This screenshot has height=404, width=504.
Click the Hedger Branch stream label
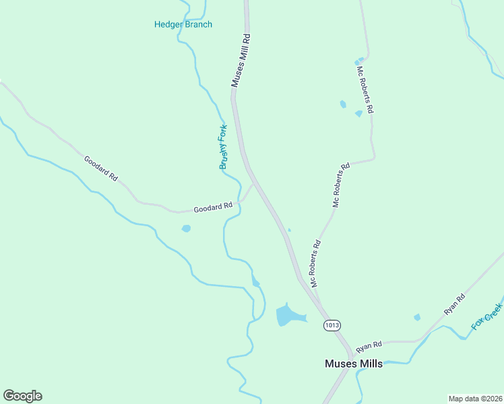pyautogui.click(x=183, y=25)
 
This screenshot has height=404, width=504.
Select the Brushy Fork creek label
pyautogui.click(x=222, y=147)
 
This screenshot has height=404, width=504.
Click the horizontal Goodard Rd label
pyautogui.click(x=213, y=208)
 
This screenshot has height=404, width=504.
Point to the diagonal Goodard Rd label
pyautogui.click(x=101, y=168)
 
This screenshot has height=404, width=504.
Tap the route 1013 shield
pyautogui.click(x=331, y=325)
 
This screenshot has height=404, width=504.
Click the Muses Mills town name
pyautogui.click(x=353, y=364)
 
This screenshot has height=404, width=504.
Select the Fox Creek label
pyautogui.click(x=488, y=315)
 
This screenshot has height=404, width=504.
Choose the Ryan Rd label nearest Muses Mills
pyautogui.click(x=369, y=345)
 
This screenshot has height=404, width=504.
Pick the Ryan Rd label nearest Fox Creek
pyautogui.click(x=455, y=305)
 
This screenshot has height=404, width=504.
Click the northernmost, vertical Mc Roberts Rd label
pyautogui.click(x=365, y=88)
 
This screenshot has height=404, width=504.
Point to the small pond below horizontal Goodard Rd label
pyautogui.click(x=186, y=228)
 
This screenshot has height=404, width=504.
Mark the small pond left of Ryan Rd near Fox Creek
pyautogui.click(x=417, y=317)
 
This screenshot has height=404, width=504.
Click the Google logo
pyautogui.click(x=23, y=396)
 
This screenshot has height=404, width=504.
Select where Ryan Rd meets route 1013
pyautogui.click(x=351, y=349)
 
